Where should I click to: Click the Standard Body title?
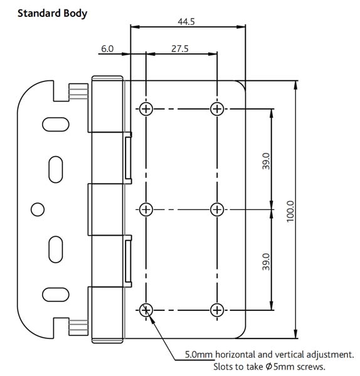coord(52,13)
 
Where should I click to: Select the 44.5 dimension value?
coord(186,21)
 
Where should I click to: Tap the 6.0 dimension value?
coord(106,48)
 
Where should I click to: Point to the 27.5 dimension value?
coord(180,48)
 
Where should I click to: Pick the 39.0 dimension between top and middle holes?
coord(266,161)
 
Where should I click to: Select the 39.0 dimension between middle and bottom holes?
coord(266,261)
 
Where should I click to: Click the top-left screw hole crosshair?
coord(146,109)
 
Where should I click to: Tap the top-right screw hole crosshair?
coord(216,109)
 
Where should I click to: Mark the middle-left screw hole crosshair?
coord(146,209)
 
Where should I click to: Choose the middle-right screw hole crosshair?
coord(216,209)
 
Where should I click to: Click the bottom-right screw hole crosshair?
coord(216,310)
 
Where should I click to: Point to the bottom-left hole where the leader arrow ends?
coord(146,310)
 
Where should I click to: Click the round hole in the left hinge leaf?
coord(37,208)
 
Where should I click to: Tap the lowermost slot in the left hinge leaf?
coord(52,294)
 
